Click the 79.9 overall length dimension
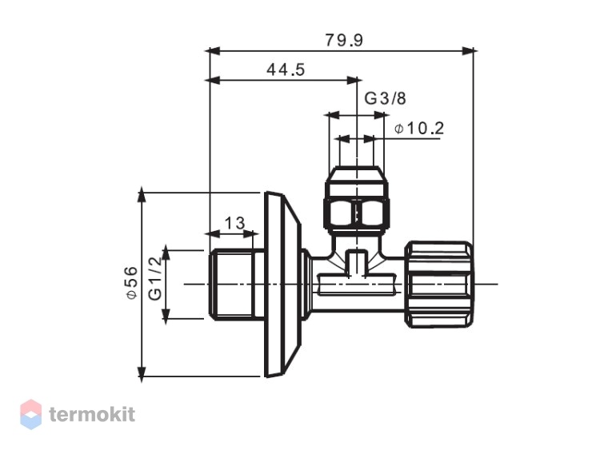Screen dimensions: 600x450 344,40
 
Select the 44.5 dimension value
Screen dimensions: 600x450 286,70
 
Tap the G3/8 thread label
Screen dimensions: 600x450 385,98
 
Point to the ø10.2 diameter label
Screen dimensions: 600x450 419,129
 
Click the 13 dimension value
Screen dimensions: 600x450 234,223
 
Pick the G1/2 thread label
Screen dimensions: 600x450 156,278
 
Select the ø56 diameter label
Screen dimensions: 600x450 132,283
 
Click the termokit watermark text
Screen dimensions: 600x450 92,415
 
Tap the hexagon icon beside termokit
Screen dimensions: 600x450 30,414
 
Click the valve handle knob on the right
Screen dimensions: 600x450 439,284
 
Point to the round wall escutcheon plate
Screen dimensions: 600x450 282,284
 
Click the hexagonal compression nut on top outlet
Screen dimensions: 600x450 357,213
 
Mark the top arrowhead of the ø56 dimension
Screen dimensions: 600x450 142,195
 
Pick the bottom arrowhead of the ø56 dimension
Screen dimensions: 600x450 142,373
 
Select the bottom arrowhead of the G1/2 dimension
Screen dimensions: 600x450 166,316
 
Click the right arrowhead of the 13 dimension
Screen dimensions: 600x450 248,233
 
